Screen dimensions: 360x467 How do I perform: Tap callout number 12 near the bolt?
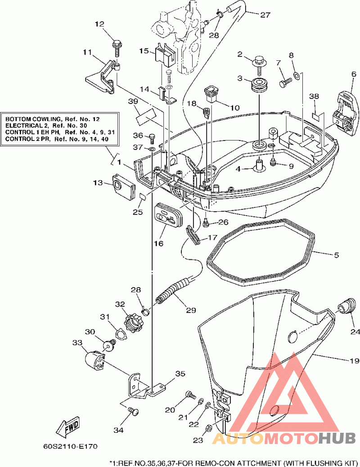[x=99, y=24]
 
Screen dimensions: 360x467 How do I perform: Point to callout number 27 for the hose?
[x=265, y=14]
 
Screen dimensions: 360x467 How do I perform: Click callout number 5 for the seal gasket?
[x=336, y=255]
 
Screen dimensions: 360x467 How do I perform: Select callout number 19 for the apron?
[x=354, y=361]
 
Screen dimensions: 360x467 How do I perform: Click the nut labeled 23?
[x=209, y=428]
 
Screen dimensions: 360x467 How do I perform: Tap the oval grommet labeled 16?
[x=168, y=216]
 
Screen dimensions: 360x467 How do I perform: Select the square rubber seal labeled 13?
[x=123, y=187]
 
